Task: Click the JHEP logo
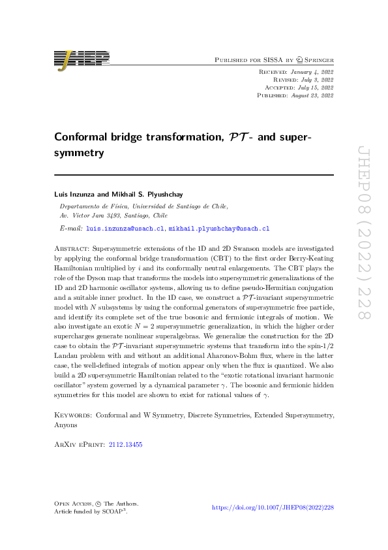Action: (82, 59)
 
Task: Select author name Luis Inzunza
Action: (74, 194)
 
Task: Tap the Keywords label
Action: (72, 415)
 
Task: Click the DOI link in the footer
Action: (273, 507)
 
